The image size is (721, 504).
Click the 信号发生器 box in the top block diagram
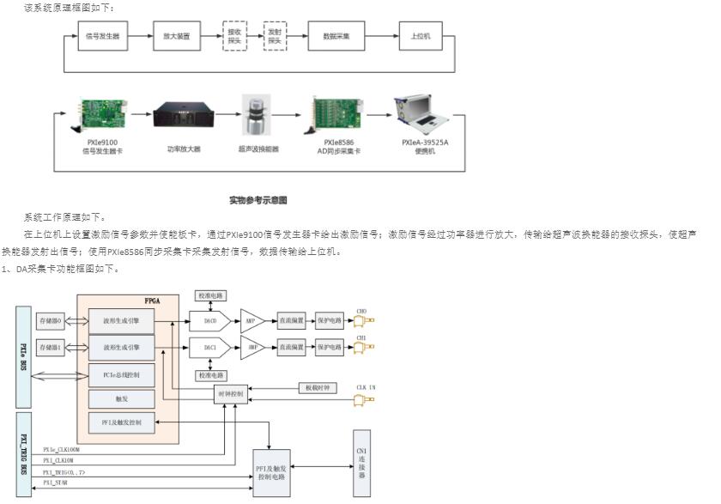click(103, 37)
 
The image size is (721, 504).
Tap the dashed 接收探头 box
click(234, 37)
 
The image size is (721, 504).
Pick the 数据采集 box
click(336, 37)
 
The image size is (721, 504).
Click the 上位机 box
click(421, 37)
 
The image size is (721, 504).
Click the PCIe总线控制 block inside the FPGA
click(121, 375)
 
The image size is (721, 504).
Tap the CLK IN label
click(367, 388)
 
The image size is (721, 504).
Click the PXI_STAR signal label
click(56, 483)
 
